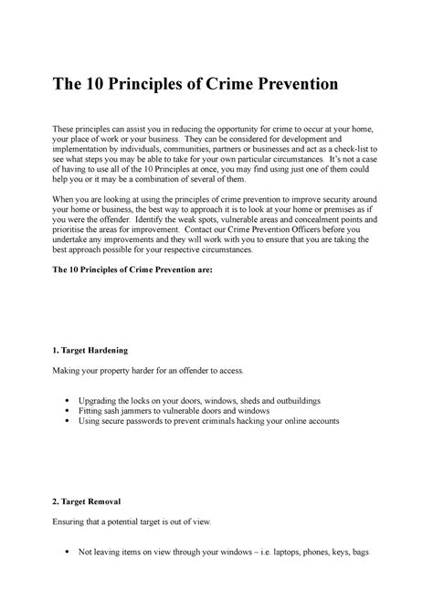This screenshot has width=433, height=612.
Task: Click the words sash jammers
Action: coord(152,411)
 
